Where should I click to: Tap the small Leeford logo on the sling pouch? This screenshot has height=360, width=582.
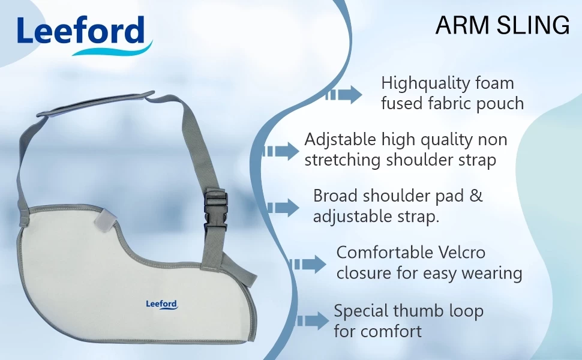click(162, 304)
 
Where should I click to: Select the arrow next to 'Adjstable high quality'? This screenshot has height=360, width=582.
click(280, 151)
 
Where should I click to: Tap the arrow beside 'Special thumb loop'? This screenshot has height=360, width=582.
click(314, 321)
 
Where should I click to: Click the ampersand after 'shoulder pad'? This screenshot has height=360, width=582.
click(476, 196)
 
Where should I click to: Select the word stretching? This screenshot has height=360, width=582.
click(343, 161)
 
